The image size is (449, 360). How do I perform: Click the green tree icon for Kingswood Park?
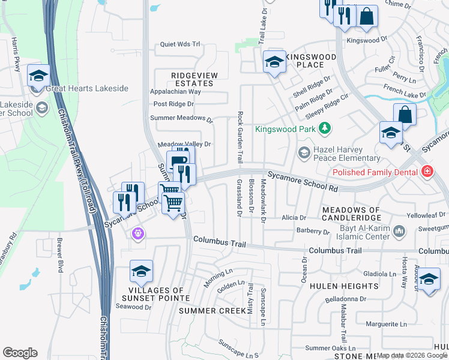[x=325, y=128]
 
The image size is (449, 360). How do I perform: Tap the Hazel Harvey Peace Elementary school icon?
[x=305, y=152]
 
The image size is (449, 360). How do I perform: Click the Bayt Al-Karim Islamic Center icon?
[x=399, y=231]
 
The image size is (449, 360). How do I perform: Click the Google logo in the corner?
[x=20, y=353]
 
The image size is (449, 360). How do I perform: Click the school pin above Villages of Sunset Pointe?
[x=141, y=272]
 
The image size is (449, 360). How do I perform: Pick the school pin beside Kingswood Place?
[x=274, y=62]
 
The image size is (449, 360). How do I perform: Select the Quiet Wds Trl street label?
[x=179, y=44]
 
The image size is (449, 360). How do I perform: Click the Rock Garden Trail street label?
[x=240, y=137]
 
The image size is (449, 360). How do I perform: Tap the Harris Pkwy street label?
[x=16, y=52]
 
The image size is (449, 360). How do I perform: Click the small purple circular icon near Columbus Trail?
[x=139, y=232]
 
